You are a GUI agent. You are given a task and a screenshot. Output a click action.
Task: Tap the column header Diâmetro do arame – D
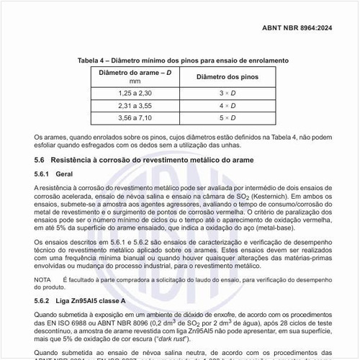129,72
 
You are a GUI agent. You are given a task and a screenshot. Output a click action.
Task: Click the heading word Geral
66,174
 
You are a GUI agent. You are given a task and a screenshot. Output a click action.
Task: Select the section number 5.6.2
43,299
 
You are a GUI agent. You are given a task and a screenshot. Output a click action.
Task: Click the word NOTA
42,278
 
